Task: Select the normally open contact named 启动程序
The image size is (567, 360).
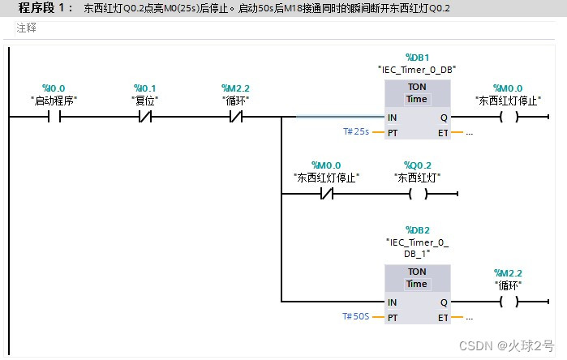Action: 54,117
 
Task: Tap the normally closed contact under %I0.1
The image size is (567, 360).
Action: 144,117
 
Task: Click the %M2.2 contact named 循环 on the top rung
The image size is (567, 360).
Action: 234,117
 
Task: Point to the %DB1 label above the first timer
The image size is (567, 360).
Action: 416,58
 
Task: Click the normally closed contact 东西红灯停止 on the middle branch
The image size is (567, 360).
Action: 325,195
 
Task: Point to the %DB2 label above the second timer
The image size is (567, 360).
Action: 416,229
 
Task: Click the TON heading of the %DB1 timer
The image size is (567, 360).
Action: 417,87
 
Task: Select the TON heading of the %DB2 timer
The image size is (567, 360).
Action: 417,272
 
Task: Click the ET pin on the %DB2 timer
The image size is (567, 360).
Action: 443,317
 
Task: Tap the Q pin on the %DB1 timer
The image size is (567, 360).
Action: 443,117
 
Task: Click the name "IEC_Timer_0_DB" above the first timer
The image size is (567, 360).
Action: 416,70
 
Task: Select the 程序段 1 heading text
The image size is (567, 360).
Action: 46,8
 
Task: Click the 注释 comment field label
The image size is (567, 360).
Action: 27,28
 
